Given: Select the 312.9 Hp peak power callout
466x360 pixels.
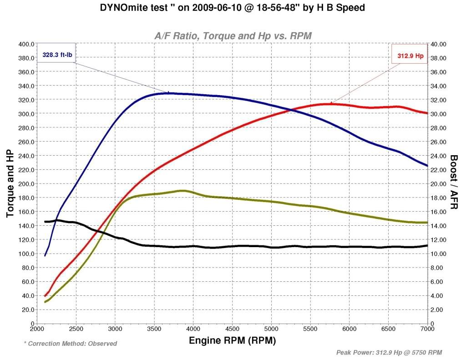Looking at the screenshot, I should [408, 56].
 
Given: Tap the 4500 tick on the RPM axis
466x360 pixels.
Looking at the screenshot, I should [233, 329].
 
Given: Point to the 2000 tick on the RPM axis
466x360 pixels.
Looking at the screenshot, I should [37, 329].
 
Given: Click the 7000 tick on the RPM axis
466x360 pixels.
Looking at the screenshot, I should [428, 329].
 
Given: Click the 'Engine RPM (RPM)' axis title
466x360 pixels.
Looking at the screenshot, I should [233, 340].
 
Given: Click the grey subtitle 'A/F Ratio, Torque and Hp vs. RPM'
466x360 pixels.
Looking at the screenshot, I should [233, 35].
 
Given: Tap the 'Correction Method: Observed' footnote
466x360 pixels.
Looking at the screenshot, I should [71, 344].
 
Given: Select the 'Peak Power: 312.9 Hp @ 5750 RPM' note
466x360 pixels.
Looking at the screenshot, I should [389, 352].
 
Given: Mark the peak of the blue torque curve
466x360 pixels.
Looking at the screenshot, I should [168, 93].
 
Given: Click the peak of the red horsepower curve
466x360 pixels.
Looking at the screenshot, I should [330, 104].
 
